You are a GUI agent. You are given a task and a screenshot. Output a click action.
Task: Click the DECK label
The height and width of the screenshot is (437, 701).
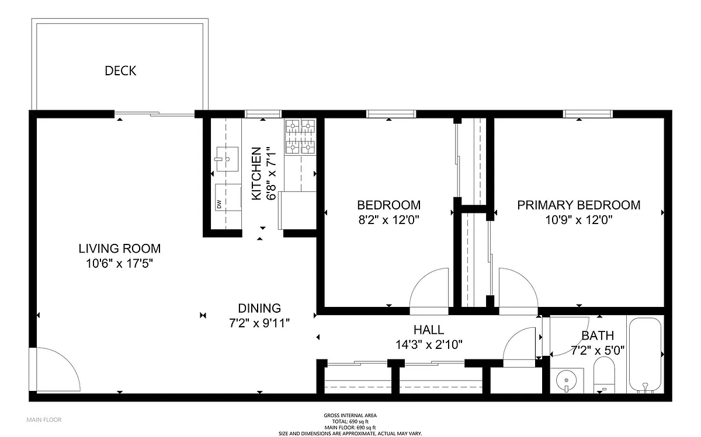120,71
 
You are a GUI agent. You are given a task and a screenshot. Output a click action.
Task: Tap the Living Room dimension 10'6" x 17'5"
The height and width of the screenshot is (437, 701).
120,264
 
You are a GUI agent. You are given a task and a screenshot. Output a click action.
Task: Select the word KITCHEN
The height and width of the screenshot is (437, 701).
256,173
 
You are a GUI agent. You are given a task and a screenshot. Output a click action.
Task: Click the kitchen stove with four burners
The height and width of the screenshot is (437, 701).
300,137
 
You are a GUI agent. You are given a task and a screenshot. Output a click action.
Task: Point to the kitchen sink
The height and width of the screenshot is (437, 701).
227,159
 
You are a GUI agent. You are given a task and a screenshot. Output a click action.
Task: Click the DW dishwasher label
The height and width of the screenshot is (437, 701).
219,204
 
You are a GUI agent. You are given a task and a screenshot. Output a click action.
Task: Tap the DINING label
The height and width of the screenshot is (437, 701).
259,308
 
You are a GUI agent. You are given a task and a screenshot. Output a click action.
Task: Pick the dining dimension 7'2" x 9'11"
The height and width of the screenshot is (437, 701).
259,323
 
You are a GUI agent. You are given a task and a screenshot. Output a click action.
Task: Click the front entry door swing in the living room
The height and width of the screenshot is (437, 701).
55,369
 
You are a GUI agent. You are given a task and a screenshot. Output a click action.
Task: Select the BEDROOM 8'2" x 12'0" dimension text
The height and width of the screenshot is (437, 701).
388,220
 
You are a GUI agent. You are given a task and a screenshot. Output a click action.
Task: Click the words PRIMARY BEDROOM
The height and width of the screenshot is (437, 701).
579,205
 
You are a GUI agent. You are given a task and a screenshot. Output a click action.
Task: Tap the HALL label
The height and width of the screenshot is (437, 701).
429,330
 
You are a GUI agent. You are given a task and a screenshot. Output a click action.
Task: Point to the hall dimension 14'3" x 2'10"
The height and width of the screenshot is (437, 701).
429,345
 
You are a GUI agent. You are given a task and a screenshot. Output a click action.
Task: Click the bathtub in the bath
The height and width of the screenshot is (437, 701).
645,355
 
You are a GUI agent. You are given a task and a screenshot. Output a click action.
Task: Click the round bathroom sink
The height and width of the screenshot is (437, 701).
567,381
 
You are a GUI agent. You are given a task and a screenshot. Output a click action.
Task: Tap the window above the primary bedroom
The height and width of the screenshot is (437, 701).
588,114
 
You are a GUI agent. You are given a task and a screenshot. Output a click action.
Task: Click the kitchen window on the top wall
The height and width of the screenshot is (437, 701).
263,114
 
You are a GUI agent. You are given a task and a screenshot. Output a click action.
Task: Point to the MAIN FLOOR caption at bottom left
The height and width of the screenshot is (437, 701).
44,420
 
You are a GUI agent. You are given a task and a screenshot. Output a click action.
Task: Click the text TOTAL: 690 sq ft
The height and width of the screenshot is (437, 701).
350,421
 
